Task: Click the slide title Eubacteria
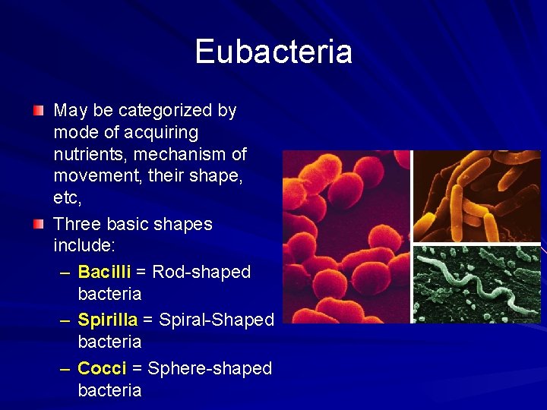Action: click(273, 52)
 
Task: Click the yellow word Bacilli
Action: click(104, 272)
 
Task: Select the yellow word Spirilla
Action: click(107, 320)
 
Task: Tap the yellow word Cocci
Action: click(102, 368)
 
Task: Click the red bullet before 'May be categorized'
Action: click(39, 111)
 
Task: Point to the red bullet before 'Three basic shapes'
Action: click(39, 225)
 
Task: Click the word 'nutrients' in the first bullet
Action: click(87, 154)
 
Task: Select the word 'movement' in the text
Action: click(95, 176)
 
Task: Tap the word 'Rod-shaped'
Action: click(201, 272)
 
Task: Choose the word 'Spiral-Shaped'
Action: click(217, 320)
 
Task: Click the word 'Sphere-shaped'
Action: click(210, 368)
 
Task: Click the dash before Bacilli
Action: click(65, 272)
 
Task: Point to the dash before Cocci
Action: click(65, 368)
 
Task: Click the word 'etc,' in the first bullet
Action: click(67, 198)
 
